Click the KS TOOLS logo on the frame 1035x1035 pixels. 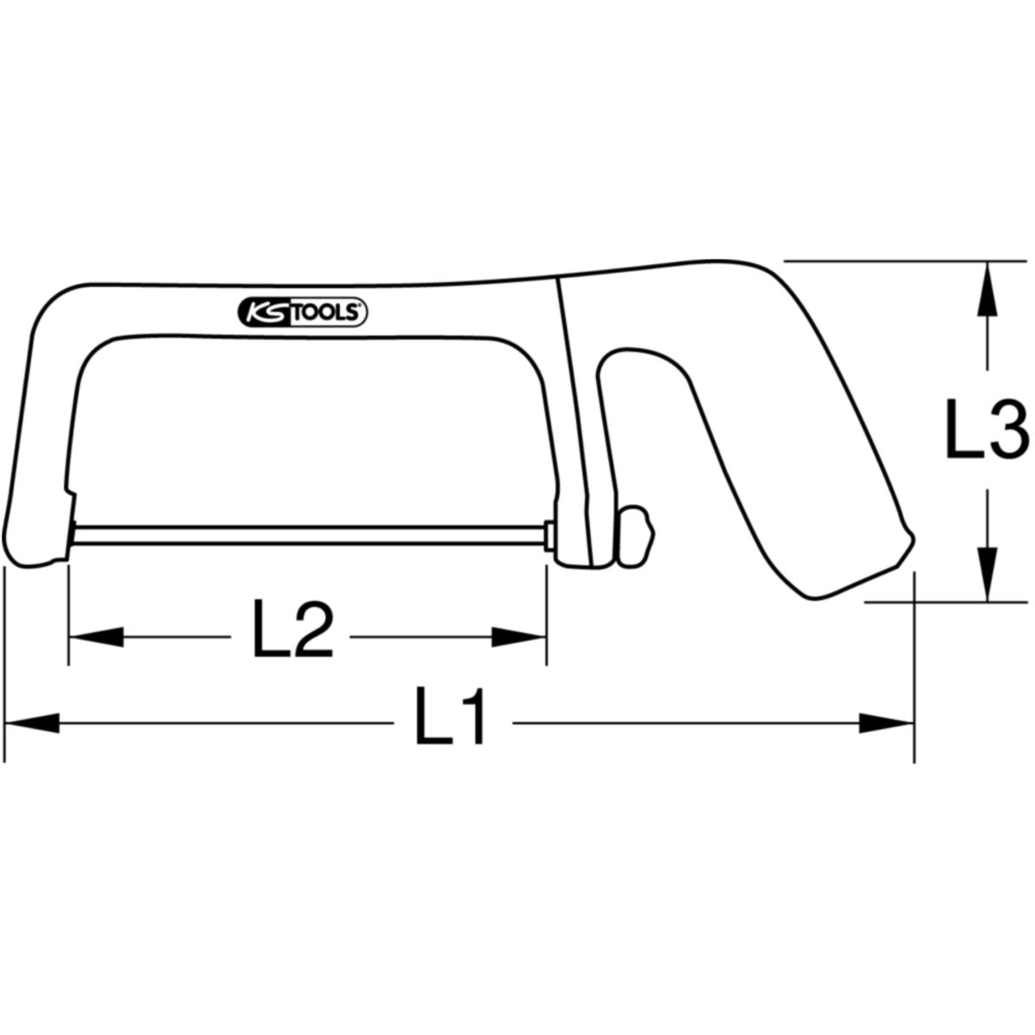[x=303, y=312]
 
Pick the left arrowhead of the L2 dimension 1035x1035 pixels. [x=97, y=637]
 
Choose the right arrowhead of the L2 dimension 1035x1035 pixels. [x=519, y=637]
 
